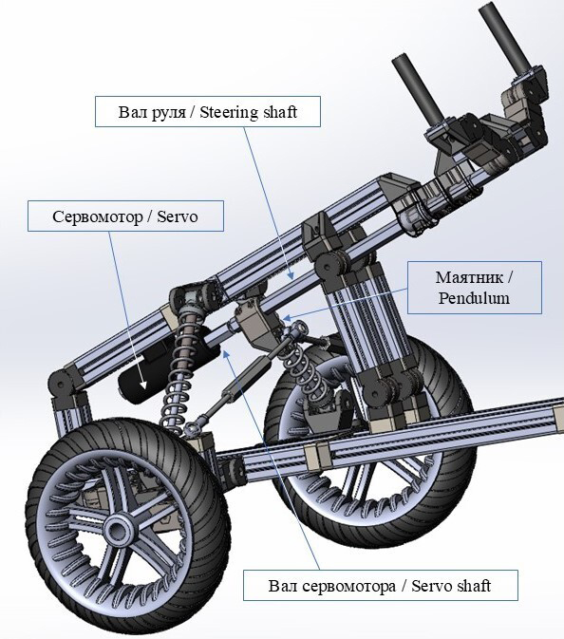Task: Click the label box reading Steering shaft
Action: coord(208,112)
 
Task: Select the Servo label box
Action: coord(125,216)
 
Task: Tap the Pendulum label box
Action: coord(475,288)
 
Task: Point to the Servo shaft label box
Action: coord(381,585)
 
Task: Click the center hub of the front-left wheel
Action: coord(118,530)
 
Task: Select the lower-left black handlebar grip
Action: coord(417,88)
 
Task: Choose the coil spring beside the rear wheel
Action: coord(309,375)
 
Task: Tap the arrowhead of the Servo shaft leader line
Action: coord(227,353)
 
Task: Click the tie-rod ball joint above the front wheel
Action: coord(191,429)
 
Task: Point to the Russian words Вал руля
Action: coord(152,112)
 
